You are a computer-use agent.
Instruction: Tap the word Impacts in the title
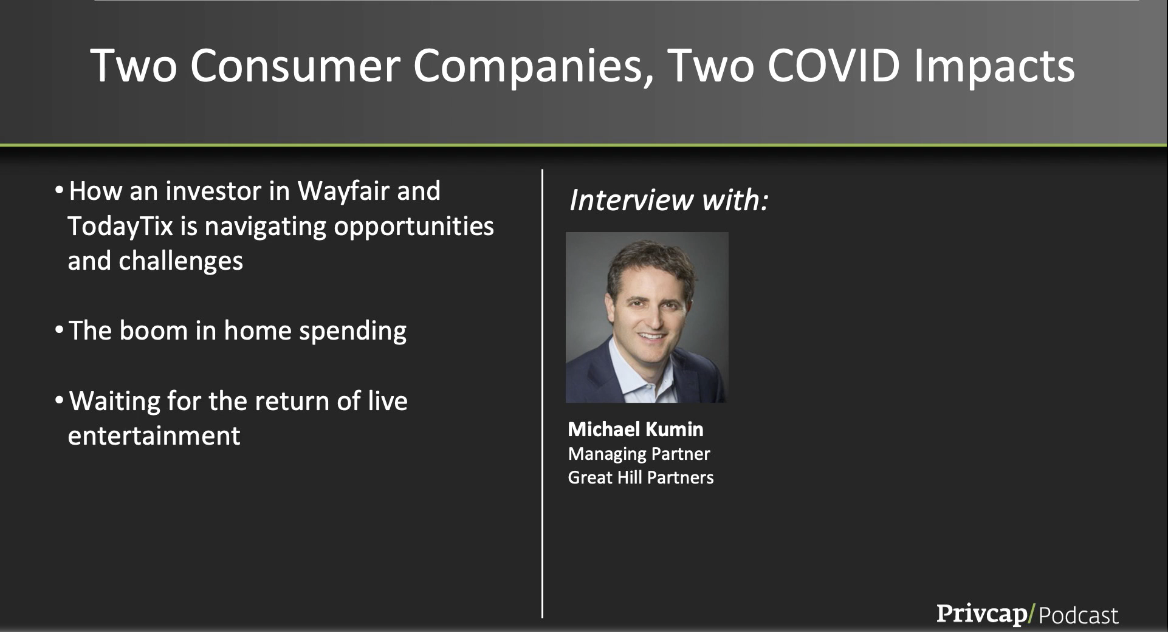click(994, 67)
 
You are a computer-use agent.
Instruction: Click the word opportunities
click(414, 227)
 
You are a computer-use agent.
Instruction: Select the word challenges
click(180, 261)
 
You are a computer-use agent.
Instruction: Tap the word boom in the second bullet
click(154, 331)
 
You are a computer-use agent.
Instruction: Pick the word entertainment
click(154, 436)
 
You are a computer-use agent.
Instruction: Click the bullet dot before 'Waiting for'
click(59, 401)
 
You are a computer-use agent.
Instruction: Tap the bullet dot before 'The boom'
click(59, 331)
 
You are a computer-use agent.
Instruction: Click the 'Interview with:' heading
click(668, 200)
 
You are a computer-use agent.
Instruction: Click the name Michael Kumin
click(636, 429)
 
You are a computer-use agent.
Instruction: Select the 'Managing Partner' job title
click(639, 454)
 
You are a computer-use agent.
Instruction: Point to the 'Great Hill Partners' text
click(641, 477)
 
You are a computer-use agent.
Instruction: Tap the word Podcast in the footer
click(1079, 615)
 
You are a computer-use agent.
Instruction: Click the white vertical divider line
click(542, 394)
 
